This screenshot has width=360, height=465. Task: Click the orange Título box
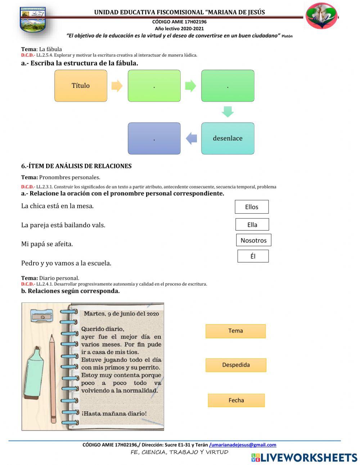point(81,86)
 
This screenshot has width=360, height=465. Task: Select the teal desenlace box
point(228,138)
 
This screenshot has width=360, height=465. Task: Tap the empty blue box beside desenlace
point(154,138)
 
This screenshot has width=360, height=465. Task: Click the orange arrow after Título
point(117,86)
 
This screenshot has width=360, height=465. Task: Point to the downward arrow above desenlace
point(228,111)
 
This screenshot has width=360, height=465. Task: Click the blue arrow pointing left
point(192,138)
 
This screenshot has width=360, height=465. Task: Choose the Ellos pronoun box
point(252,207)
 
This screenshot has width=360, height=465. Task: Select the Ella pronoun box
point(252,224)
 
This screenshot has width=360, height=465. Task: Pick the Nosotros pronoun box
point(253,240)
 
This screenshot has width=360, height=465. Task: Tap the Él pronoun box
point(253,256)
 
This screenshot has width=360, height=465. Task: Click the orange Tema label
point(235,331)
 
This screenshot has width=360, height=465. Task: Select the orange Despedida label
point(236,365)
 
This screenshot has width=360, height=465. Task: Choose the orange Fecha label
point(236,400)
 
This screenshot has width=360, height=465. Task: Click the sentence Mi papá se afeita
point(47,244)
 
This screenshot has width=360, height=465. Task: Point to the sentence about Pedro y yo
point(66,263)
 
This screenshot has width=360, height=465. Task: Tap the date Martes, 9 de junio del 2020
point(121,314)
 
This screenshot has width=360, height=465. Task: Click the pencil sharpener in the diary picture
point(42,316)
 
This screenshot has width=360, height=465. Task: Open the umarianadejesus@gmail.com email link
point(243,445)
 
